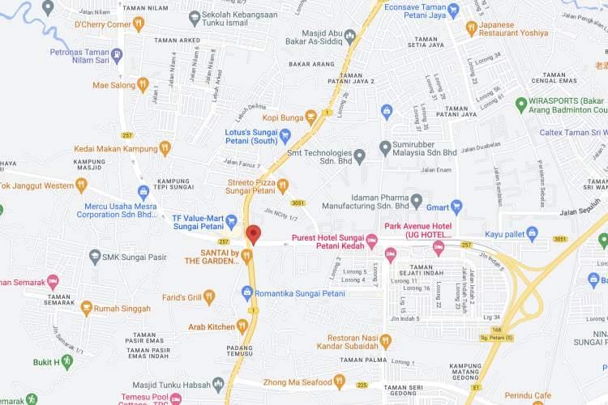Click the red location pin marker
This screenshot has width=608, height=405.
(253, 235)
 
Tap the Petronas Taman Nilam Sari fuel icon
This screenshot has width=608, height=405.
(118, 54)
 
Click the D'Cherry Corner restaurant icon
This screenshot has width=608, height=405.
(139, 24)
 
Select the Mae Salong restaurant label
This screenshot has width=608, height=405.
(113, 84)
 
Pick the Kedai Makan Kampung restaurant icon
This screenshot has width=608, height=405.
(165, 148)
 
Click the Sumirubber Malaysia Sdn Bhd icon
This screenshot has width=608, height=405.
(385, 147)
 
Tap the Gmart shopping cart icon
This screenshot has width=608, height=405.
(456, 206)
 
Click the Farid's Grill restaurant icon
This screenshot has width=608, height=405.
(209, 296)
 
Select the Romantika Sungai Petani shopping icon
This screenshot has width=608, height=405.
(247, 292)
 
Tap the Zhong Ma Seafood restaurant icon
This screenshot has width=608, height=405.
(340, 382)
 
